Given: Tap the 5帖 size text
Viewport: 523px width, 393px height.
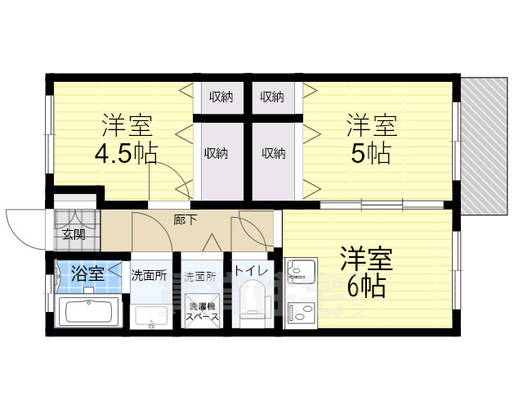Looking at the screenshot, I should coord(370,153).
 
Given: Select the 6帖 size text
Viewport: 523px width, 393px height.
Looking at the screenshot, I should coord(365,287).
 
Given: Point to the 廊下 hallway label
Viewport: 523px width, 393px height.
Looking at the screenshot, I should coord(186,219).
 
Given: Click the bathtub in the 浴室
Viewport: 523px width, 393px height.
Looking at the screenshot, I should coord(90,314).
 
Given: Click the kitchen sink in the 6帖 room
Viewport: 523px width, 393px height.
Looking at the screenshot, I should coord(301,270).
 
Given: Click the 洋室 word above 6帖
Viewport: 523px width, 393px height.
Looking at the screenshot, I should coord(366,259).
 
